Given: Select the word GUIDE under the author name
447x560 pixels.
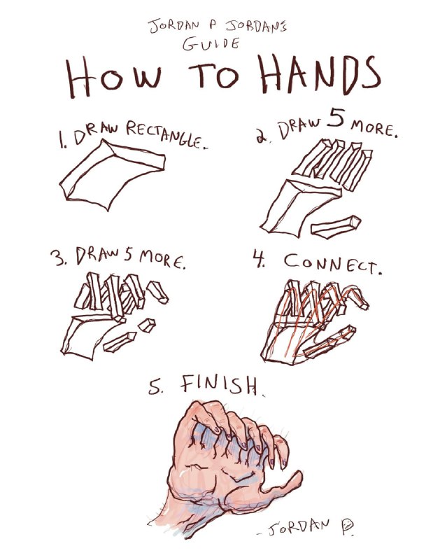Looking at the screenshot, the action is [x=211, y=43].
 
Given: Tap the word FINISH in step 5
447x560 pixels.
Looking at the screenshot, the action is [x=219, y=386].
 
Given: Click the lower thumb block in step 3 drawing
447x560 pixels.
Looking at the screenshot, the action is [x=120, y=342].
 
